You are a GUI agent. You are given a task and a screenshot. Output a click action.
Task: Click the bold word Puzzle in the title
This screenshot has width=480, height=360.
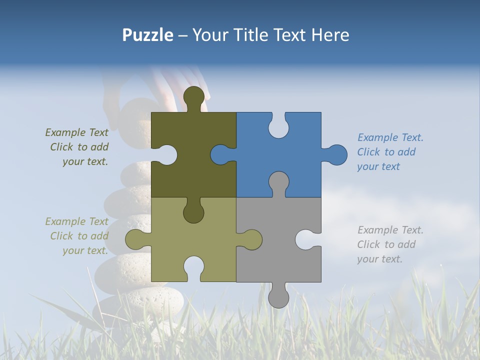coord(147,35)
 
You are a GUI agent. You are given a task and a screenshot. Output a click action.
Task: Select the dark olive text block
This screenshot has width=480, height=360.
coord(77,147)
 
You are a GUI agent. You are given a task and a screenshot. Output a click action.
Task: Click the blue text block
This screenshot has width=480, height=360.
coord(390,152)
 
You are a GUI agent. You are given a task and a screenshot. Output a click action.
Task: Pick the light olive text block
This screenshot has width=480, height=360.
coord(77,236)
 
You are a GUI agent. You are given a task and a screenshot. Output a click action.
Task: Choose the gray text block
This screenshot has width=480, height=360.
coord(390,244)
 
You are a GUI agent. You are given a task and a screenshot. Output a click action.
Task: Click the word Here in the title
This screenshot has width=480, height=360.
coord(330,35)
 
